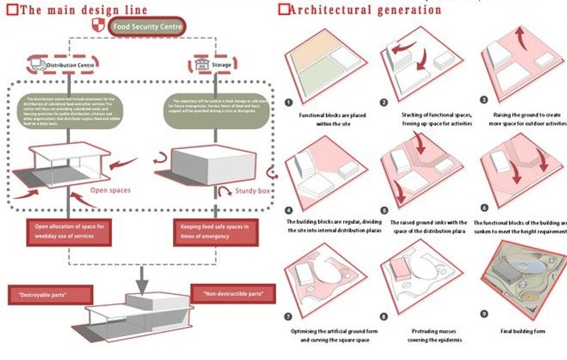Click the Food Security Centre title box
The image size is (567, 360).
147,27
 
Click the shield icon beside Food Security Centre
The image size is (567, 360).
99,27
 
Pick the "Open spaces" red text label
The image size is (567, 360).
110,190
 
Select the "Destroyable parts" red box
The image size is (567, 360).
50,293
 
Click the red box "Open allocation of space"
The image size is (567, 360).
69,231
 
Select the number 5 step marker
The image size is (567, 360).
385,210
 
